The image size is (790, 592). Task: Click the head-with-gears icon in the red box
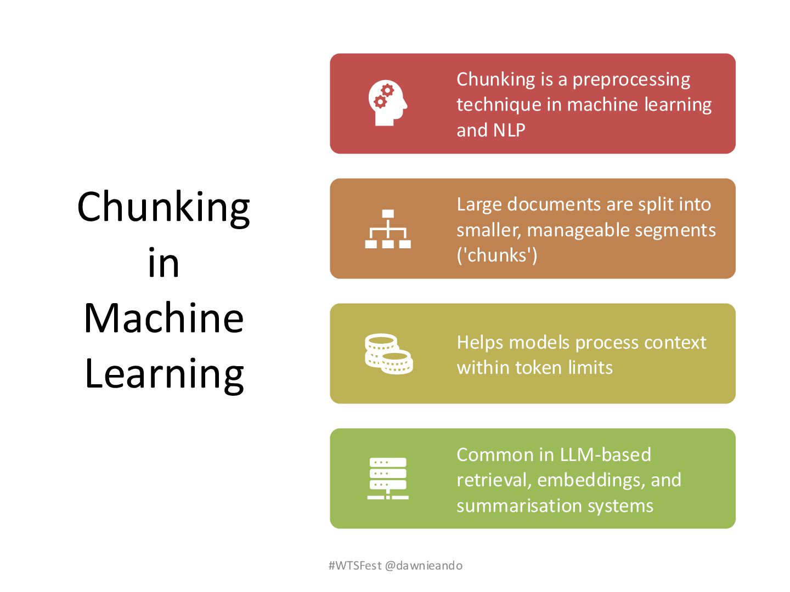(387, 103)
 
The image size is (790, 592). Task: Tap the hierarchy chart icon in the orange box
(388, 229)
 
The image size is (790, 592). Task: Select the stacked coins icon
(388, 354)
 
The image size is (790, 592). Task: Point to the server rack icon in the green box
(388, 478)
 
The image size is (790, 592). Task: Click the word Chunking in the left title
(163, 208)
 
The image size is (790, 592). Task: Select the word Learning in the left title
(164, 374)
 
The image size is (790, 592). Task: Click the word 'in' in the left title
(163, 263)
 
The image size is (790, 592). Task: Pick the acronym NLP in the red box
(509, 130)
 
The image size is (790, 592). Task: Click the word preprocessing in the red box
(631, 80)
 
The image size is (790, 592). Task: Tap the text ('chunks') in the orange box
(496, 255)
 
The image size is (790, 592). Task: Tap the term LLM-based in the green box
(604, 454)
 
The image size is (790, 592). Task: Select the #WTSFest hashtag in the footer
(354, 566)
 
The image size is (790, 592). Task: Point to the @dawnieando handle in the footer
(424, 566)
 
